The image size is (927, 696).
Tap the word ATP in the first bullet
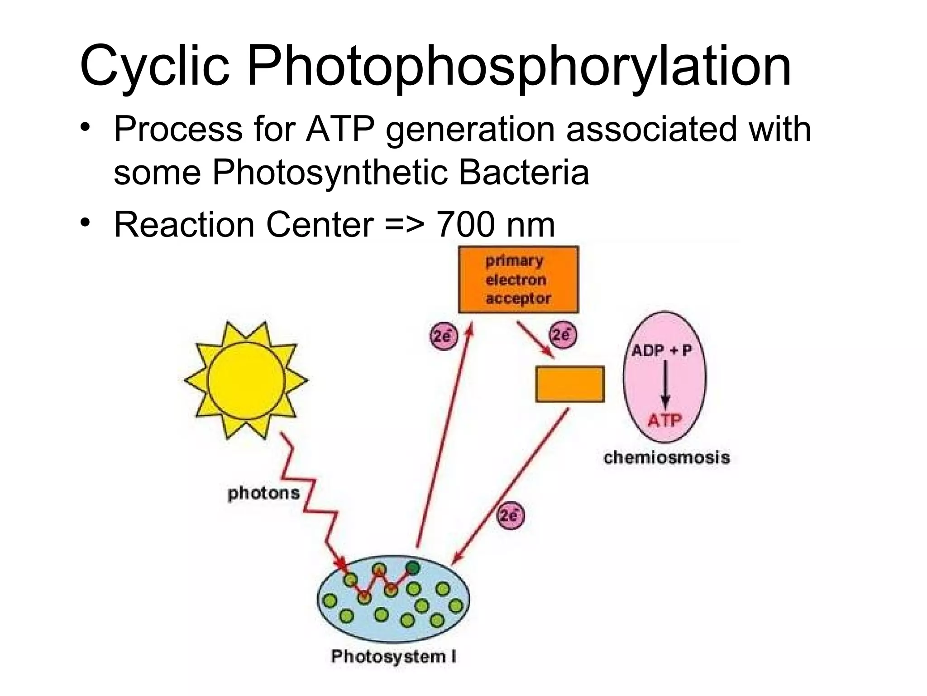[x=340, y=129]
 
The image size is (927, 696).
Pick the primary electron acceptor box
[x=518, y=280]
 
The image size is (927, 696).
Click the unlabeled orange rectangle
[x=570, y=384]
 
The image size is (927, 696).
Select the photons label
[x=263, y=493]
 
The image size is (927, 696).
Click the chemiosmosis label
[x=667, y=457]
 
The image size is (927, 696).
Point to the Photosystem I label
[x=393, y=657]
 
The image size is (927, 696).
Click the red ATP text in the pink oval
[x=664, y=421]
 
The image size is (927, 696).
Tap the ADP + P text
[x=661, y=350]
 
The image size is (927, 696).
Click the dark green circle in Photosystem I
[x=412, y=567]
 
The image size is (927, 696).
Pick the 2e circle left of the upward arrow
[x=443, y=336]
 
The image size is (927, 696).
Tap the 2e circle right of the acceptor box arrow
[x=562, y=335]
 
